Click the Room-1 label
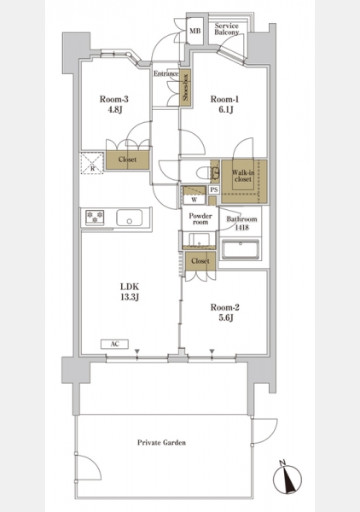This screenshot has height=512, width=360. pos(224,99)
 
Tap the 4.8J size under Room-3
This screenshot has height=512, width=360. pos(115,109)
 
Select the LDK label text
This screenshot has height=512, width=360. pos(130,287)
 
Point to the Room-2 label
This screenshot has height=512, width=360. pos(225,307)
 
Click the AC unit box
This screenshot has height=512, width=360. pos(114,344)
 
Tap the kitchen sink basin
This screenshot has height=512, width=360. pos(130,218)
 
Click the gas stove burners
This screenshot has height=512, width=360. pos(95,218)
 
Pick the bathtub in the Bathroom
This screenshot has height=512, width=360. pos(241,249)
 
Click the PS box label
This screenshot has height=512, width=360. pos(214,189)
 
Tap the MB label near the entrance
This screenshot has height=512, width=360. pos(195,31)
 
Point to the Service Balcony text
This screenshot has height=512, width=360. pos(227,29)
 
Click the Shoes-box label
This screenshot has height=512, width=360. pos(185,88)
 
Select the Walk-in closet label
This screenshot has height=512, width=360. pos(243,176)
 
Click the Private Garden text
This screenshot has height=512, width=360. pos(161,442)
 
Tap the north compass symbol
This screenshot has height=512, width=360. pos(287,479)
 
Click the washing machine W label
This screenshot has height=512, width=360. pos(195,200)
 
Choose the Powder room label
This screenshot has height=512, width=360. pos(200,218)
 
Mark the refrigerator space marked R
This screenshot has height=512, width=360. pos(92,163)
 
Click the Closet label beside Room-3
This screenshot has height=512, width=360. pos(127,160)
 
